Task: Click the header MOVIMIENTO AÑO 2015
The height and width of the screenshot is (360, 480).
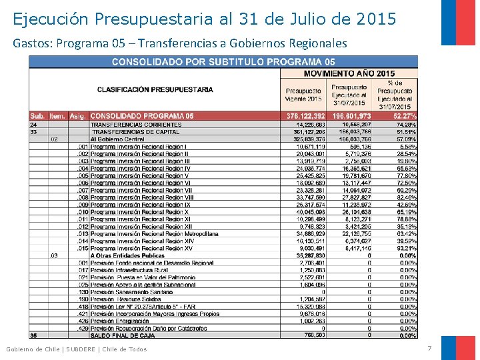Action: pos(349,73)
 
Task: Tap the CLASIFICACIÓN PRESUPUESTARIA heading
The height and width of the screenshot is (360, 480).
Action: pos(155,89)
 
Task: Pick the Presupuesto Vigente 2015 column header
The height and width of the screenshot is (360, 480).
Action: pos(303,95)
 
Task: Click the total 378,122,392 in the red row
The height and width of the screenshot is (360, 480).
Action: pos(305,116)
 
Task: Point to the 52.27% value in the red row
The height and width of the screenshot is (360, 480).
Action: pos(402,116)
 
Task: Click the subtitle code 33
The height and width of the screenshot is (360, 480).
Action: pos(33,132)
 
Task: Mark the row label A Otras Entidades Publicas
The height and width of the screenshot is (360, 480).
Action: pos(127,255)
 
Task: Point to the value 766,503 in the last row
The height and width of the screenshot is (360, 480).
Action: pos(313,335)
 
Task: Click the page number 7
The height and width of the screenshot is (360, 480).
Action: pos(429,349)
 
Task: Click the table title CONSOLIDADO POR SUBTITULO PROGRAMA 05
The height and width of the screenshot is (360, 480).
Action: pos(223,62)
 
